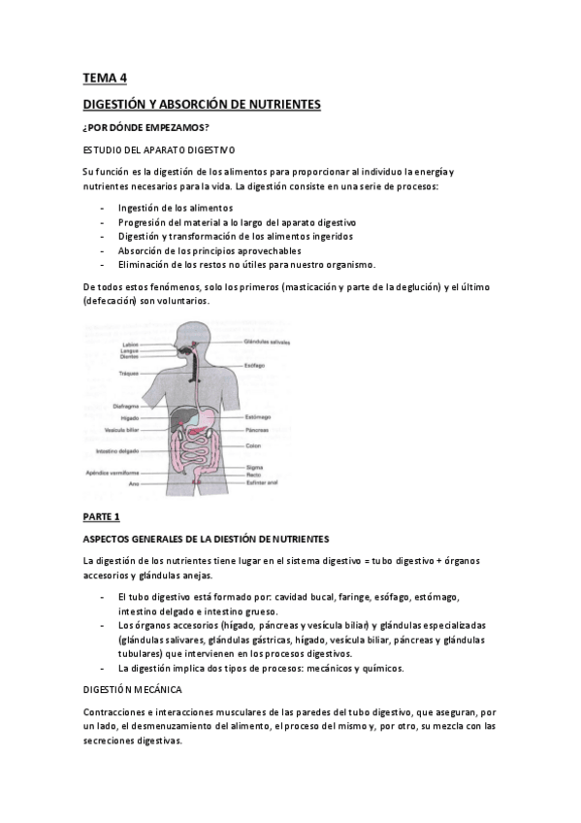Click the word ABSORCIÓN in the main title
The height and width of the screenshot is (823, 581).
point(208,103)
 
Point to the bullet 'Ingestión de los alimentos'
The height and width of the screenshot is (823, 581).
point(176,208)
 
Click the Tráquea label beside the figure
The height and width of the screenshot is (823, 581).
point(133,373)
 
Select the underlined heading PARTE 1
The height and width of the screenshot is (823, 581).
point(101,516)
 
